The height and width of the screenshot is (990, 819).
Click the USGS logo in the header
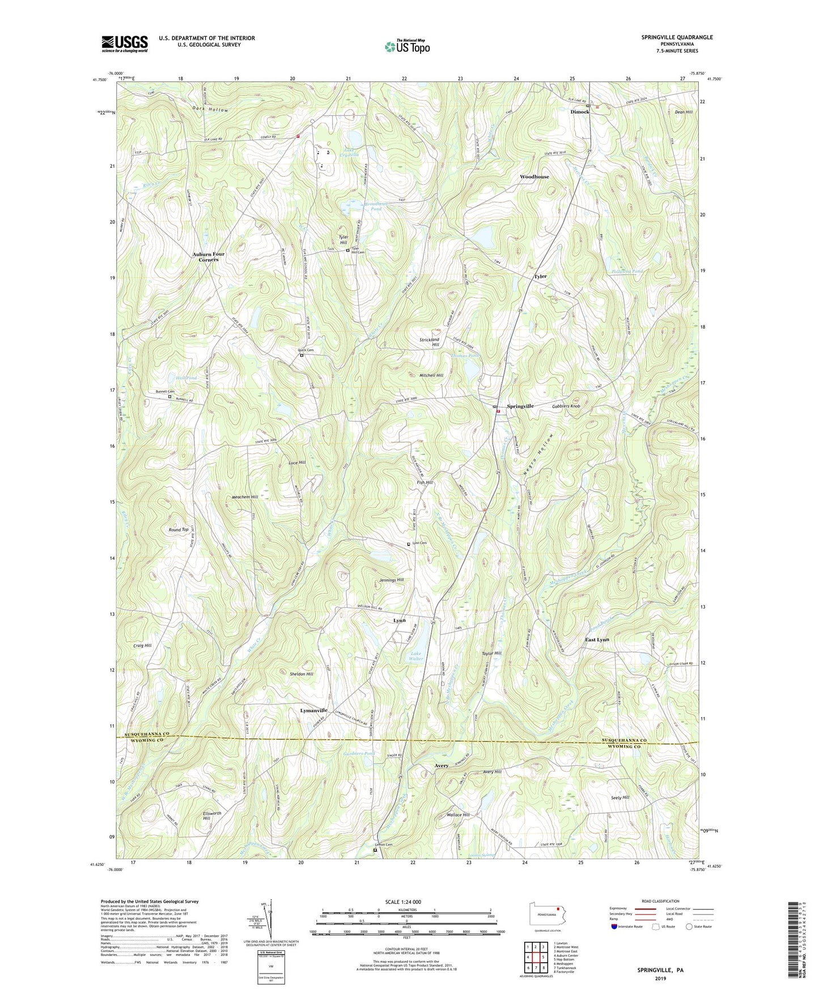(x=125, y=44)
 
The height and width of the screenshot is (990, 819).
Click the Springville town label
(x=520, y=407)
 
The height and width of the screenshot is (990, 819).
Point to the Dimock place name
(x=579, y=112)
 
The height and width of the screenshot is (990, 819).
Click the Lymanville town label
(x=313, y=710)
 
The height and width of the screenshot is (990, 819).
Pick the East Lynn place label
(x=597, y=640)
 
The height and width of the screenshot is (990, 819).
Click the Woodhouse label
(x=534, y=177)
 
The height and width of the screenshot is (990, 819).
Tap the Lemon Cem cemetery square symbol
(x=375, y=850)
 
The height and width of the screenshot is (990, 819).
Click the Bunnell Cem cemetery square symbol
(x=169, y=397)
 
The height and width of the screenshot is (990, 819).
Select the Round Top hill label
(x=179, y=530)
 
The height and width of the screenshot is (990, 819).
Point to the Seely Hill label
(x=620, y=797)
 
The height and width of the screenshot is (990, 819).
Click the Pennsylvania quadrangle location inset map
(x=545, y=913)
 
